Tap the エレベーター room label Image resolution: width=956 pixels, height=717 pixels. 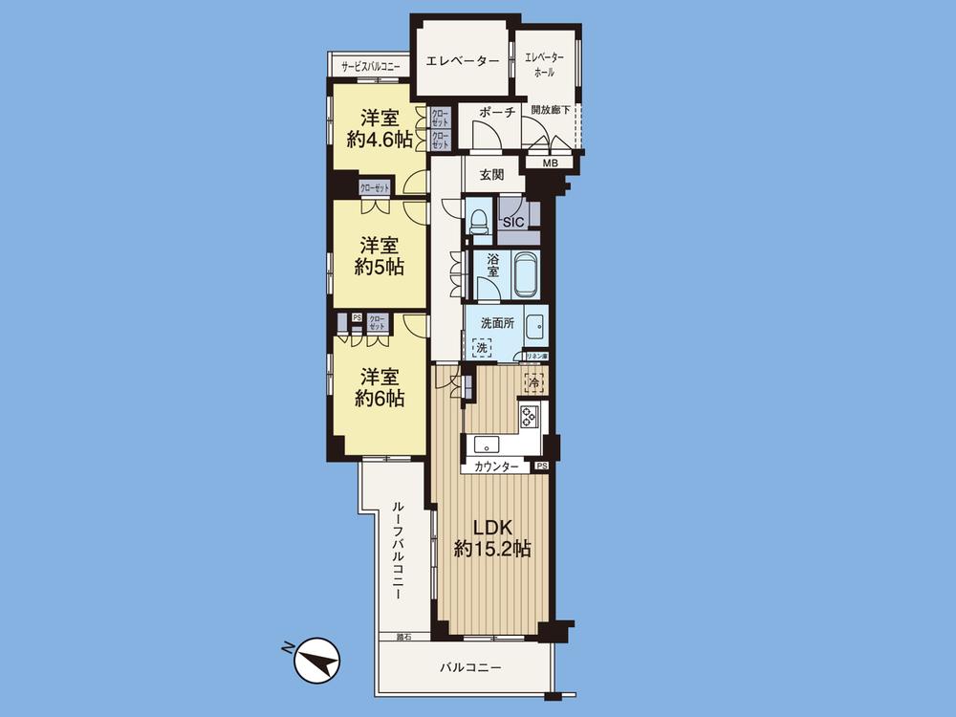click(462, 61)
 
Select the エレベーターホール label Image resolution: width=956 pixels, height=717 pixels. click(545, 64)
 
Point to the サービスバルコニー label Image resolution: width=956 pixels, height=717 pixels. click(371, 66)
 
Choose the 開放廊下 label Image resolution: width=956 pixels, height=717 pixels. click(551, 111)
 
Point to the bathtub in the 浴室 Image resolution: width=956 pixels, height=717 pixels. click(526, 275)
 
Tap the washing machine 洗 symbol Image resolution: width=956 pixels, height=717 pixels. click(483, 348)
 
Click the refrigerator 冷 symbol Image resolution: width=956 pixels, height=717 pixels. click(532, 380)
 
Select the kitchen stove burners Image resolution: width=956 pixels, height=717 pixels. click(530, 415)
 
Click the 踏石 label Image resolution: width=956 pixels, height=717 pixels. click(403, 636)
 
